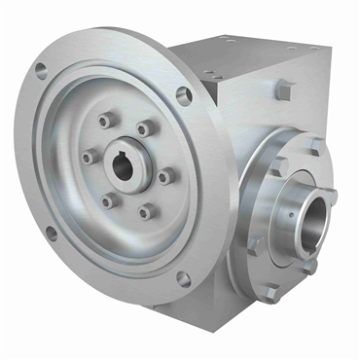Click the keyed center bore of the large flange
(123, 164)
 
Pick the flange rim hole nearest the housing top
(183, 95)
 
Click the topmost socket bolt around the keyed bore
(105, 123)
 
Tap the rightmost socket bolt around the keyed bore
(163, 176)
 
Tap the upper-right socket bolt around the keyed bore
(144, 128)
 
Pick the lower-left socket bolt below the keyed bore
(108, 199)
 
